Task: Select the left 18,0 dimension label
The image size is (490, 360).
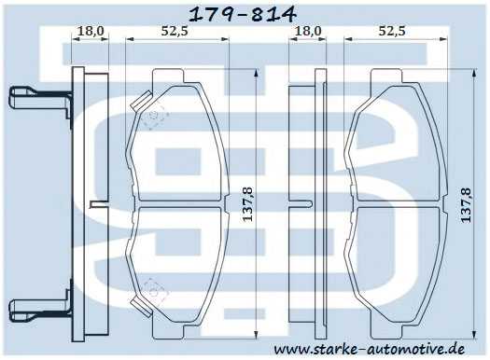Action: (x=90, y=30)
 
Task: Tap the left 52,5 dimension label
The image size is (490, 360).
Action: (x=175, y=30)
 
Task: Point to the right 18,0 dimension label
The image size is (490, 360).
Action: (x=308, y=30)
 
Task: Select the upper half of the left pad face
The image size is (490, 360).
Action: (x=177, y=140)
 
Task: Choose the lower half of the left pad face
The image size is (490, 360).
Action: (x=177, y=266)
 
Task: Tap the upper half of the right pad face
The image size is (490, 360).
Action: (x=392, y=140)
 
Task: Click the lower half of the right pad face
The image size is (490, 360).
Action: (x=392, y=266)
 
